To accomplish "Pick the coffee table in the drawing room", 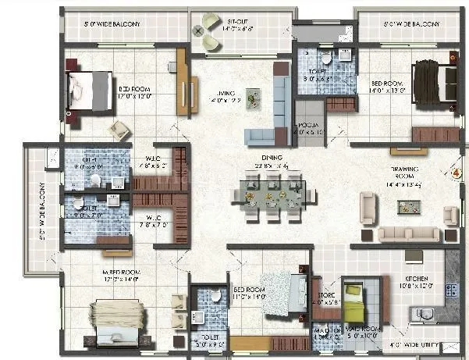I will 408,207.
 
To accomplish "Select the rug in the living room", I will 252,97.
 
